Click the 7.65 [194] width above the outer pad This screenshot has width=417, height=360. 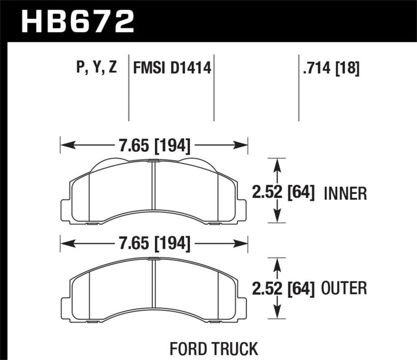pos(153,243)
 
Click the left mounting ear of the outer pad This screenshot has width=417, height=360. pos(66,303)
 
